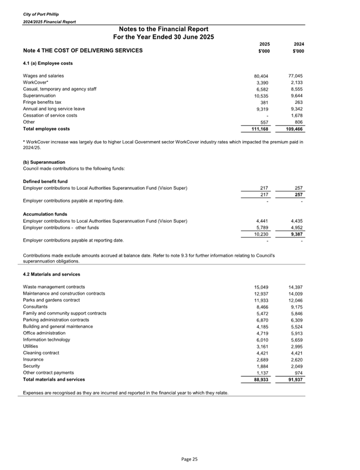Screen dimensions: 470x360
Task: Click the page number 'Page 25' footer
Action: [189, 459]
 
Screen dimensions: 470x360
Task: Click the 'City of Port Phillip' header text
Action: [40, 14]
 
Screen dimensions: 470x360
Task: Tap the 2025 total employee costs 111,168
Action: [262, 129]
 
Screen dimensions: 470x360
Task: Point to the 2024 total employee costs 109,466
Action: [295, 129]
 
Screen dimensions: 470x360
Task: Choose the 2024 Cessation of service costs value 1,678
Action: [297, 115]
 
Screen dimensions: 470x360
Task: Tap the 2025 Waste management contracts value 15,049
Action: [263, 287]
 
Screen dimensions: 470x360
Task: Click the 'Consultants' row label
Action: [36, 307]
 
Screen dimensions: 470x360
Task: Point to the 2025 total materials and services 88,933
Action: [263, 380]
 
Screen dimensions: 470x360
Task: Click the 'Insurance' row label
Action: [33, 359]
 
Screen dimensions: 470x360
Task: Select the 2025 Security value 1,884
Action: [264, 366]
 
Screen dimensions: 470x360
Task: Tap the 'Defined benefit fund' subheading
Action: [45, 181]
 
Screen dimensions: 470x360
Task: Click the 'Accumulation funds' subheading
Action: [44, 214]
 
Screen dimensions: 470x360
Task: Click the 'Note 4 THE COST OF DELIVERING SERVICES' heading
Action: [83, 51]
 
